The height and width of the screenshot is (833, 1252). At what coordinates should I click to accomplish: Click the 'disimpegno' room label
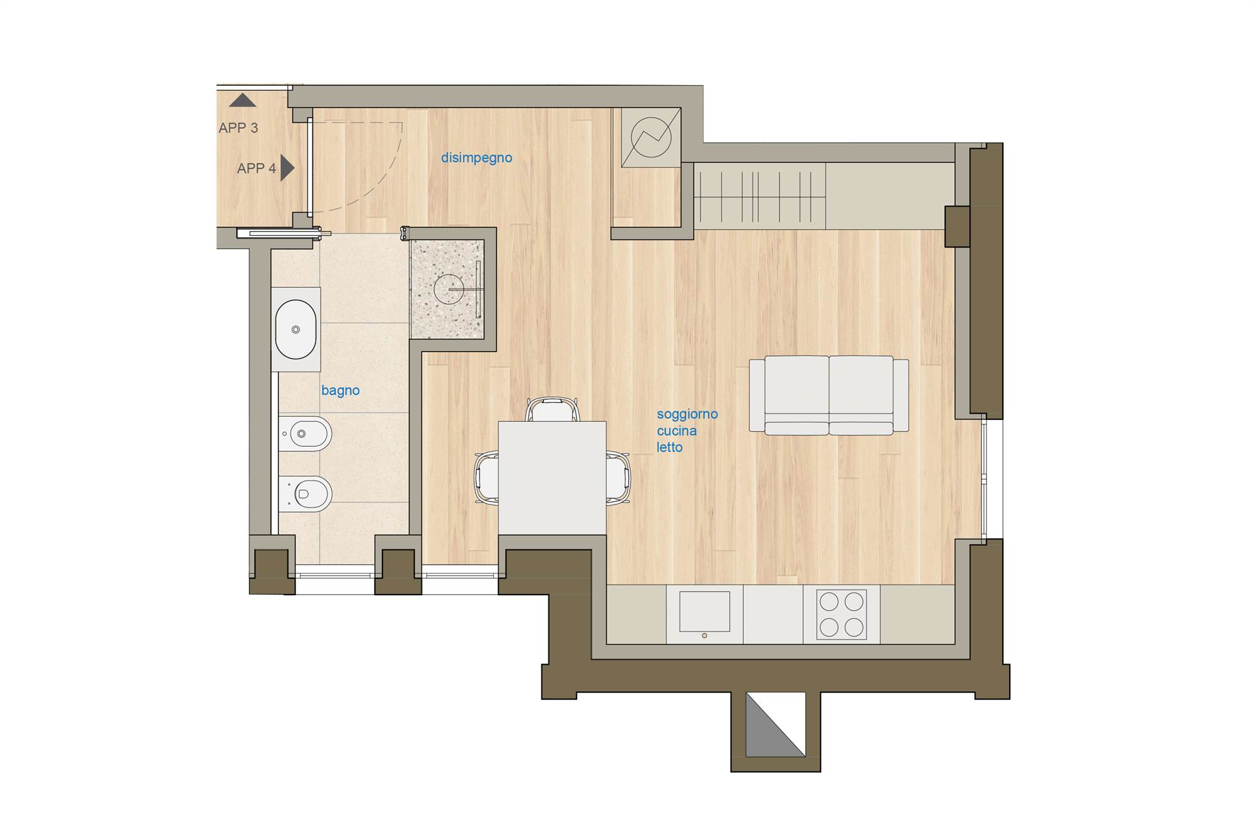point(476,158)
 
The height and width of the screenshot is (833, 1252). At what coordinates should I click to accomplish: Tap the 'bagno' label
point(341,391)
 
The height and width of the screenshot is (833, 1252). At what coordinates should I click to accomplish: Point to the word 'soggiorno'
point(687,414)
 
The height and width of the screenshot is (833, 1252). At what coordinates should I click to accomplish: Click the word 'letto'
point(669,447)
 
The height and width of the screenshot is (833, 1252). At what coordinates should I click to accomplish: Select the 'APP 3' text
point(238,128)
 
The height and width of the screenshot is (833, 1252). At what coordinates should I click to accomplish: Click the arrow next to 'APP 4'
point(287,168)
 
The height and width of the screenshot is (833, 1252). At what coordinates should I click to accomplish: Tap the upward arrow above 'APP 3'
point(242,100)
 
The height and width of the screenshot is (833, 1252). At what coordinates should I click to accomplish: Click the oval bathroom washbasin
point(295,330)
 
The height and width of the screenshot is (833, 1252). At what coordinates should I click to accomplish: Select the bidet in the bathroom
point(305,433)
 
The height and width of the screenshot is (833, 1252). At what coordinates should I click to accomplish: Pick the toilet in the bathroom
point(305,494)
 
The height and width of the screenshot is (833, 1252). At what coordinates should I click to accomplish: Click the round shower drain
point(449,289)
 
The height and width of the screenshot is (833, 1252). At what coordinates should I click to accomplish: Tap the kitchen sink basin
point(704,611)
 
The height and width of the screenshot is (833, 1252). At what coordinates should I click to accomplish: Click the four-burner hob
point(841,614)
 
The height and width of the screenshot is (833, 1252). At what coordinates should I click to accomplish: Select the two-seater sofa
point(829,396)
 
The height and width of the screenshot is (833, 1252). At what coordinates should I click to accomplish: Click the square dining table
point(552,478)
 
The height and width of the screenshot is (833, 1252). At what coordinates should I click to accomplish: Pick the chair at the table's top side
point(553,409)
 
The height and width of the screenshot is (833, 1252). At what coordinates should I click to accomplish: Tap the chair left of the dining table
point(486,478)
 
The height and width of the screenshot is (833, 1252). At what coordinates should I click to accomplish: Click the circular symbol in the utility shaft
point(651,137)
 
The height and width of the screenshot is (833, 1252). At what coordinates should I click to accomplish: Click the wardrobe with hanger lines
point(759,196)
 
